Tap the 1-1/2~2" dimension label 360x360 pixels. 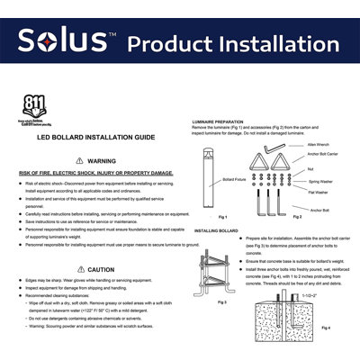(310, 296)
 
